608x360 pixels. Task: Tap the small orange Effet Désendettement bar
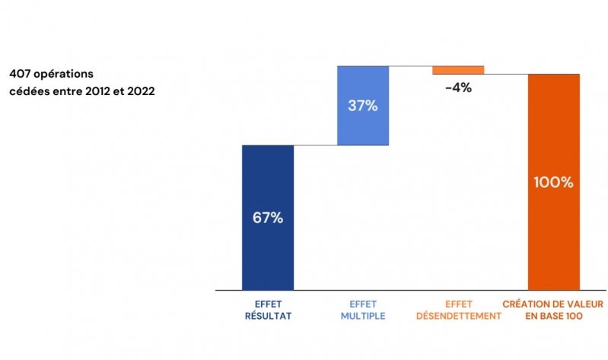pos(458,70)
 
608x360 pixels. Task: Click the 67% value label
pos(268,218)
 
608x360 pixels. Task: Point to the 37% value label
pos(363,106)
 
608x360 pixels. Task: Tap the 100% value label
pos(553,183)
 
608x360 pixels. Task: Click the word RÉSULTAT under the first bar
pos(267,315)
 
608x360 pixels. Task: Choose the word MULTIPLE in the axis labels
pos(363,315)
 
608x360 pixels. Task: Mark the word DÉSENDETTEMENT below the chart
pos(458,315)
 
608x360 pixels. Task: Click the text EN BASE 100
pos(553,315)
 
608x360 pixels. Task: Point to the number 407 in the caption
pos(20,75)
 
